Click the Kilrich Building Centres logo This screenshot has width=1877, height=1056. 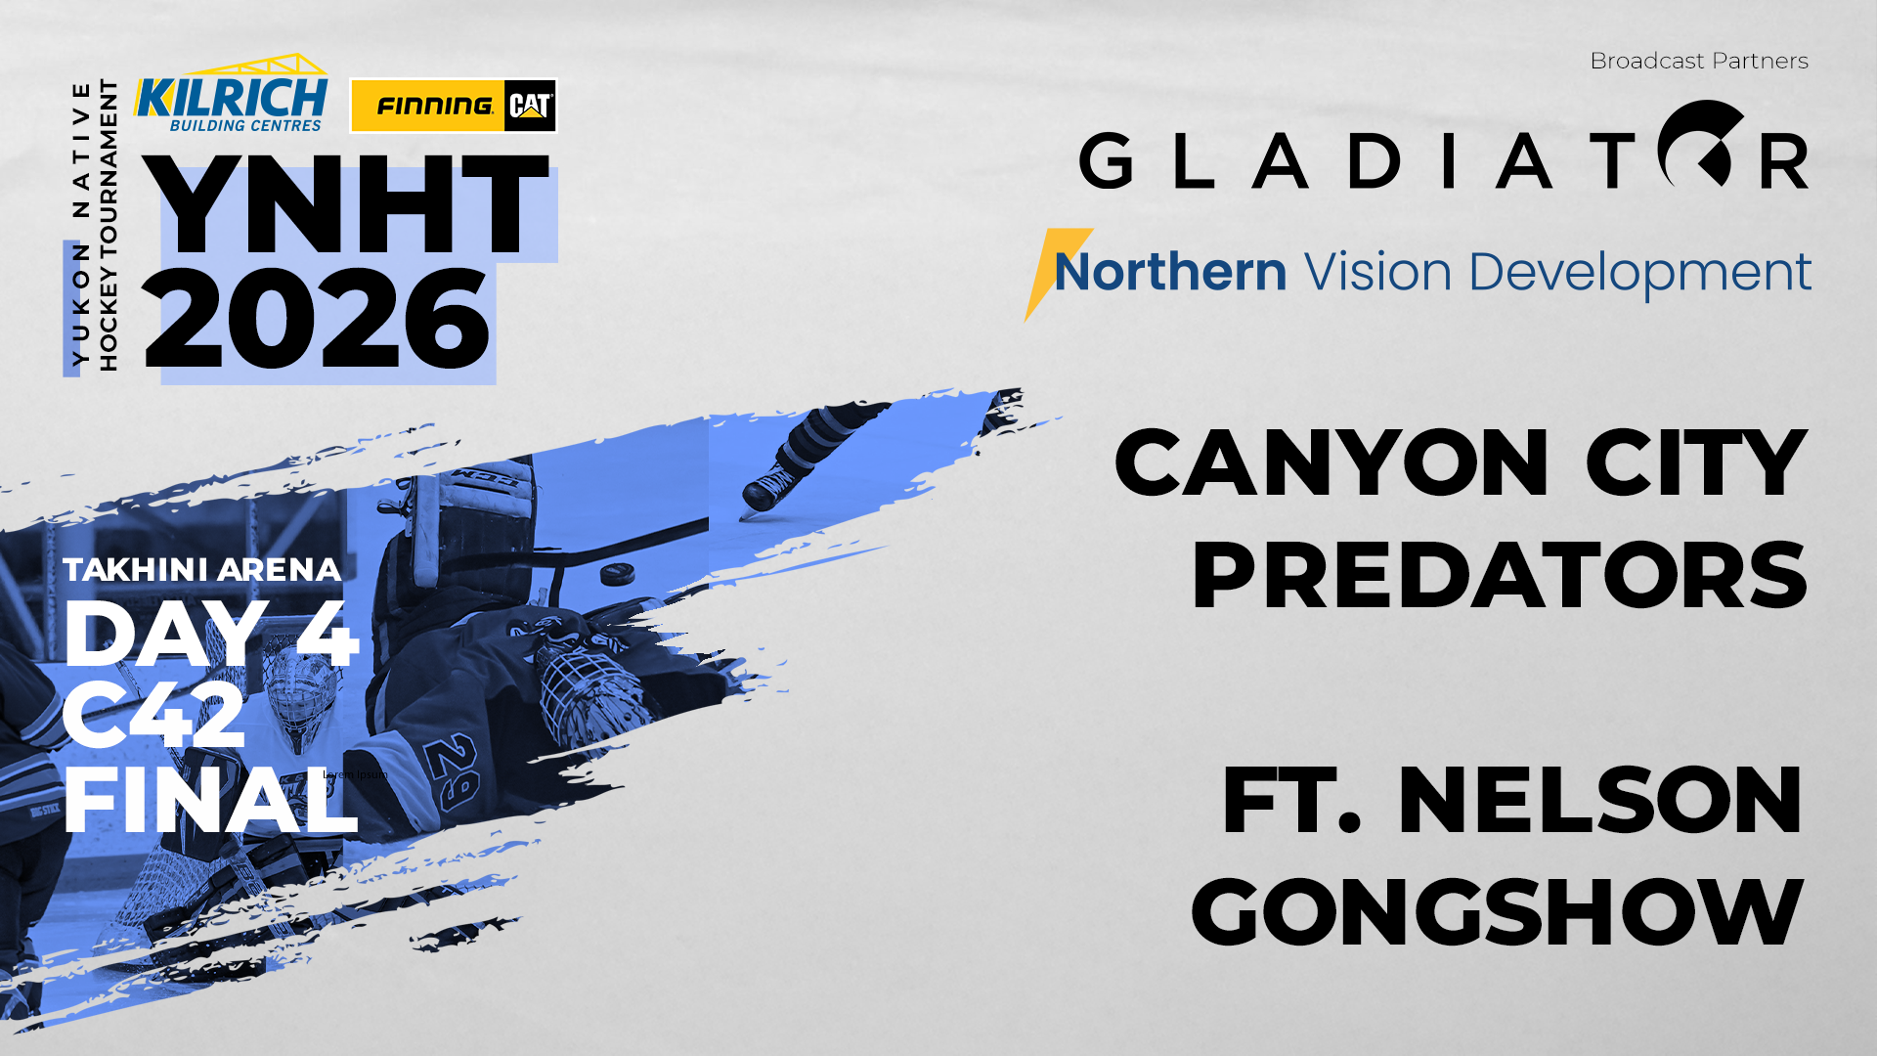[x=231, y=96]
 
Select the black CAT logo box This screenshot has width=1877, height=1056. [x=530, y=106]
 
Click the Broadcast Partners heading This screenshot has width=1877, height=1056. [x=1699, y=61]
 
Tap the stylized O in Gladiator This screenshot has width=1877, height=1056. [x=1701, y=145]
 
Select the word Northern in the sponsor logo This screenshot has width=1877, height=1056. [x=1169, y=271]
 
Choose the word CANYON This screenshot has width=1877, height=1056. [x=1331, y=463]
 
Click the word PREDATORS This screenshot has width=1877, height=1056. [x=1499, y=576]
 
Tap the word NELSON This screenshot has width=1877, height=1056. [x=1599, y=801]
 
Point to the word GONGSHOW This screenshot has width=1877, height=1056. [x=1497, y=913]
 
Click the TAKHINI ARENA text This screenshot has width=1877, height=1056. [x=201, y=569]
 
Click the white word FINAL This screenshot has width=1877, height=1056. [x=209, y=801]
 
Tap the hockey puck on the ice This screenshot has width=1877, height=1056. [x=617, y=573]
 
